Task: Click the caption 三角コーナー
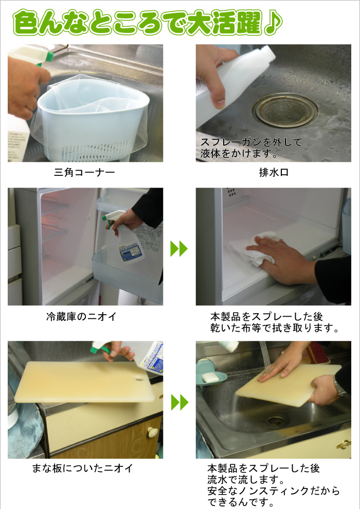[84, 172]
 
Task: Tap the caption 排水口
[274, 172]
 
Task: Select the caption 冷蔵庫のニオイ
[81, 317]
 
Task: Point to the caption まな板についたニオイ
[82, 468]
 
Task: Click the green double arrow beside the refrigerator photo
[179, 249]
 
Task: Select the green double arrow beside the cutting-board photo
[179, 403]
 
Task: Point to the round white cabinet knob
[152, 432]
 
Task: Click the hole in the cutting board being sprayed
[139, 378]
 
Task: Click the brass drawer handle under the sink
[344, 444]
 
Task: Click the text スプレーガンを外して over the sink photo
[251, 142]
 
